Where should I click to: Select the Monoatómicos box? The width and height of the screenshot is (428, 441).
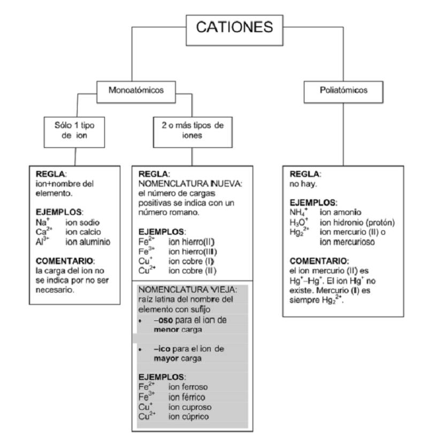(x=136, y=90)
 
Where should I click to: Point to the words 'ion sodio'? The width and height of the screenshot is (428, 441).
(x=85, y=221)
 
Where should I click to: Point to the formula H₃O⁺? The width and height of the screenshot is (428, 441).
(x=297, y=222)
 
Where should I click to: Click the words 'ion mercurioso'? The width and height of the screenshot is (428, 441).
(x=346, y=241)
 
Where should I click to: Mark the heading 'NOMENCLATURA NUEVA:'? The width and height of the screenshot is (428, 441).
(x=190, y=183)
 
